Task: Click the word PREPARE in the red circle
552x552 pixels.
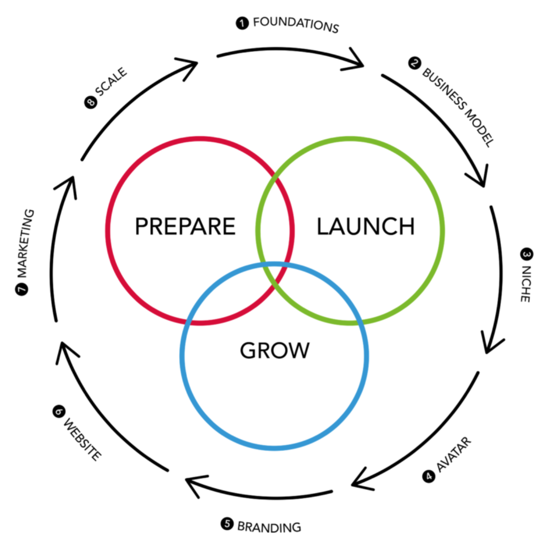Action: pos(185,226)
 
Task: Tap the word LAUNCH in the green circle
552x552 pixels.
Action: pos(366,226)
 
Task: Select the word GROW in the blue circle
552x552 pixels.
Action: pos(275,351)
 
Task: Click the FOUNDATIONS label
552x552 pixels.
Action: pos(296,25)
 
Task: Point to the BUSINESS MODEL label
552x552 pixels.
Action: pos(458,107)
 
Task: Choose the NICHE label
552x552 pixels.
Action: pos(525,283)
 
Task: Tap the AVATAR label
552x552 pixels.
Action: pos(454,455)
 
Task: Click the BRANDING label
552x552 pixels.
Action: pos(269,527)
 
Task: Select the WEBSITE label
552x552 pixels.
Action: pos(83,439)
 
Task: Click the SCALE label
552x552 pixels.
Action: pos(111,81)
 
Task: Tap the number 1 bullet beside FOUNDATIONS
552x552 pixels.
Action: pos(242,23)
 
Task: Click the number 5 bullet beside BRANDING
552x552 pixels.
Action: pos(227,524)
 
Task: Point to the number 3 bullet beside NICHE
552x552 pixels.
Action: pos(527,254)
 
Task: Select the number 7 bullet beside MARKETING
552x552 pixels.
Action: pos(22,289)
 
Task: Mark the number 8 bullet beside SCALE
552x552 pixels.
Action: pos(91,102)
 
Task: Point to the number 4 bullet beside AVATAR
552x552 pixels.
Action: pos(429,476)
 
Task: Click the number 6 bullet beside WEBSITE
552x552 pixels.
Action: pos(59,411)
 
